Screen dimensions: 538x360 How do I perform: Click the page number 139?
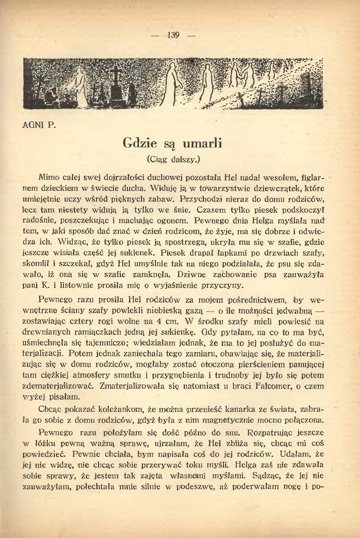click(x=174, y=35)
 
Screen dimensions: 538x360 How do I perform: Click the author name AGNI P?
click(x=39, y=125)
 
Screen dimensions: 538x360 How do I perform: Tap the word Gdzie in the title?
click(x=139, y=142)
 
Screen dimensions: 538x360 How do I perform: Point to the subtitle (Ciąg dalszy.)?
click(x=173, y=159)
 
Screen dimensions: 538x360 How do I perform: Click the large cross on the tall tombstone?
click(x=116, y=75)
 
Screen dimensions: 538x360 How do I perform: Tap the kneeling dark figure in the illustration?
click(x=51, y=96)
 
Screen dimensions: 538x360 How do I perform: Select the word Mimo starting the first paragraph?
click(x=49, y=177)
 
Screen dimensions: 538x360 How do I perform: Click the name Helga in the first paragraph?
click(x=263, y=220)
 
